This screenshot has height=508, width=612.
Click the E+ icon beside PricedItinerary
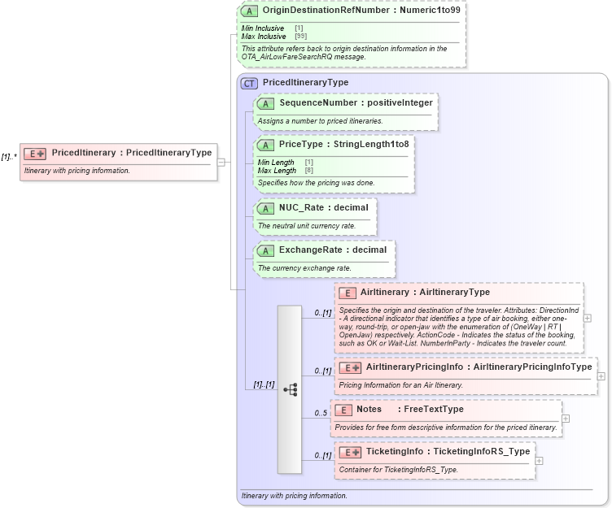pos(35,153)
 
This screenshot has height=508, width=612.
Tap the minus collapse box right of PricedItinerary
pos(221,162)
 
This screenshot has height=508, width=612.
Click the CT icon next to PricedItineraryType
pos(250,82)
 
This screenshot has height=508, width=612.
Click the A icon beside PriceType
pos(266,144)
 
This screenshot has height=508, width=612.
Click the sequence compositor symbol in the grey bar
pos(290,390)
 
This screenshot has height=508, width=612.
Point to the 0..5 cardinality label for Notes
pos(321,414)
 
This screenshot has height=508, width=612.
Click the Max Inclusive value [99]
pos(300,37)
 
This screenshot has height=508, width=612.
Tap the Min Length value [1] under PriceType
pos(309,163)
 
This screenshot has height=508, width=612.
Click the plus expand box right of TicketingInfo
pos(540,460)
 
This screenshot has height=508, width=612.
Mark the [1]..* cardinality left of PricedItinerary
pos(9,156)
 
